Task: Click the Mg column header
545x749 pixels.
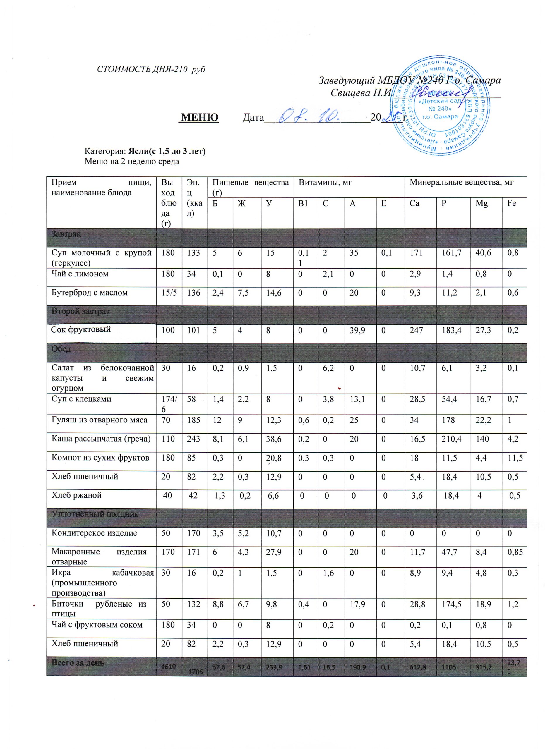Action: (x=481, y=203)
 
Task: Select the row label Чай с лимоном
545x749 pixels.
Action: (x=80, y=274)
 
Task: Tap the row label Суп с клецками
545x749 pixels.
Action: (x=81, y=399)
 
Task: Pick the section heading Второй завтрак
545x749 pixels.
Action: (x=80, y=311)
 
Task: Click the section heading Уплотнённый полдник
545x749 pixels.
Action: (x=95, y=514)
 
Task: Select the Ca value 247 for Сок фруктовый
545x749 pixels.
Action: (x=416, y=330)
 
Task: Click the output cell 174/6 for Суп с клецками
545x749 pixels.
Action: (x=169, y=403)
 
